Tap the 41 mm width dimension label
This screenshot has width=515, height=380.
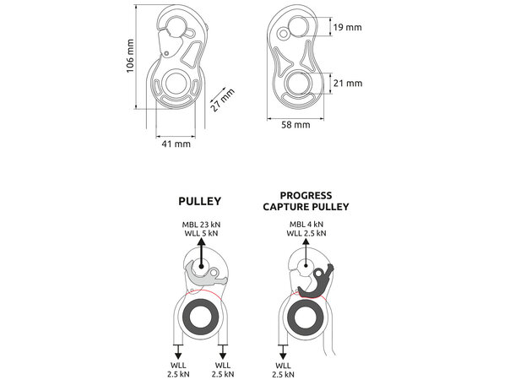click(176, 144)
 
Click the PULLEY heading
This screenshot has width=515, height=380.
click(200, 203)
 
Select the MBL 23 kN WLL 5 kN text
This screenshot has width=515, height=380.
click(199, 228)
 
